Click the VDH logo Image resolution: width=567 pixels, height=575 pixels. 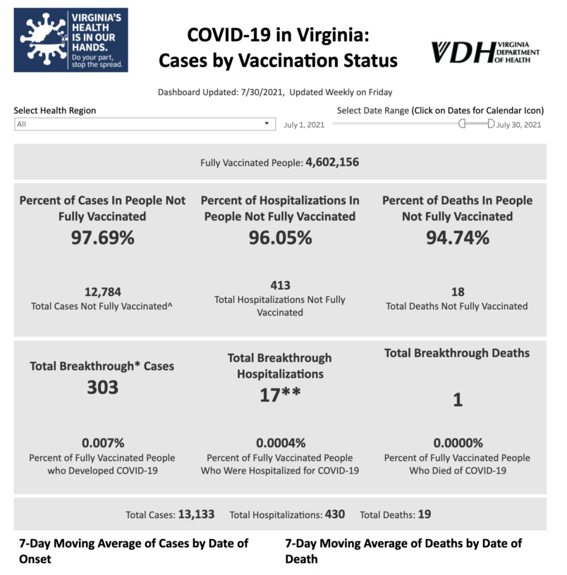[485, 52]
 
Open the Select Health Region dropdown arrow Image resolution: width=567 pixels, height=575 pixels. [267, 124]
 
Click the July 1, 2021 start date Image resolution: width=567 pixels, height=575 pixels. [304, 125]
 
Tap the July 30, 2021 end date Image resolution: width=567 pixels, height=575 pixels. [519, 125]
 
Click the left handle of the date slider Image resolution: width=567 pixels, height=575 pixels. [463, 124]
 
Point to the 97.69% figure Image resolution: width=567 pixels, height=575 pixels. [102, 238]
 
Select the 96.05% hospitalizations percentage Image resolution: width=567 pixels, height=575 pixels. [280, 238]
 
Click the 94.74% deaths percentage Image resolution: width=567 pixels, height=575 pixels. [457, 238]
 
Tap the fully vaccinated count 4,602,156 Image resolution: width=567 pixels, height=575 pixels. [332, 163]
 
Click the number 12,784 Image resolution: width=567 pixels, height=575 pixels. [102, 292]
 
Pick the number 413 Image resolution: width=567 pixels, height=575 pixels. [280, 285]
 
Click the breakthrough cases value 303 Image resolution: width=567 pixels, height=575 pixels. [102, 387]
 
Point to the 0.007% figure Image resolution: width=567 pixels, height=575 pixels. [102, 443]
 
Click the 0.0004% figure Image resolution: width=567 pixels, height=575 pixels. [280, 443]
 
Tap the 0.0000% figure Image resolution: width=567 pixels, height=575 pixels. [457, 443]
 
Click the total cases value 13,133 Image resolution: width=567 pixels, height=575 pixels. [196, 514]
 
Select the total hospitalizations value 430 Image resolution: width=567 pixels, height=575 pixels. [334, 514]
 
